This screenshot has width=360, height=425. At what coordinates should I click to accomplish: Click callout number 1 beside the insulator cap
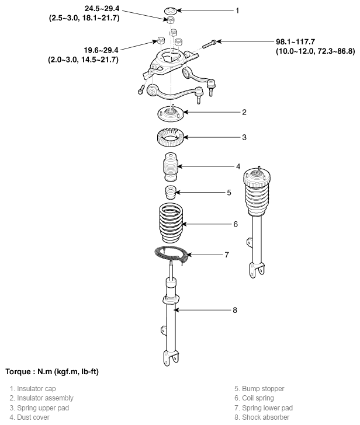point(237,11)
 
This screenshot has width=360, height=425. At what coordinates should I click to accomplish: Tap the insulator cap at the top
point(171,11)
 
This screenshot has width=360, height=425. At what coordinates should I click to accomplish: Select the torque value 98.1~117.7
point(296,42)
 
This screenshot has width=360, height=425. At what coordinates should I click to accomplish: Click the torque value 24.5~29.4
point(102,8)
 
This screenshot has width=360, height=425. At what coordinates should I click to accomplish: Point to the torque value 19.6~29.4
point(101,50)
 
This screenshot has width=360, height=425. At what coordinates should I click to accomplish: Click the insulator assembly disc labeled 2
point(171,114)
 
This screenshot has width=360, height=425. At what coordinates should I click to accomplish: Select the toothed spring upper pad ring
point(171,137)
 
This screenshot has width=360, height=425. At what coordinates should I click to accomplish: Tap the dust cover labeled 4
point(171,167)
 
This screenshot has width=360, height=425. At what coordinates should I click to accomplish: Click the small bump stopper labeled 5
point(171,193)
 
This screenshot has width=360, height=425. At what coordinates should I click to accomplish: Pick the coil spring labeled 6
point(171,224)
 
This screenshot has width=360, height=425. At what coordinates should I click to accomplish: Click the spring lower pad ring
point(171,255)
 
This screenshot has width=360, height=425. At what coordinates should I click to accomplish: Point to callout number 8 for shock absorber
point(235,310)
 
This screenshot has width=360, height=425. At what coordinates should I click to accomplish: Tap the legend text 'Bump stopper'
point(263,389)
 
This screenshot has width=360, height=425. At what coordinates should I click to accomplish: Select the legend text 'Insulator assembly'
point(45,398)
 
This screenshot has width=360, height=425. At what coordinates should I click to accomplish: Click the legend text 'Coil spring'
point(258,398)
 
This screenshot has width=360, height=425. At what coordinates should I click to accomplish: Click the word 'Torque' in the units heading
point(19,372)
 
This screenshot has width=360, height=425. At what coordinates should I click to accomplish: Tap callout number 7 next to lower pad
point(227,255)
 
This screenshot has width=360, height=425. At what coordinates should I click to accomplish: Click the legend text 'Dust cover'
point(33,417)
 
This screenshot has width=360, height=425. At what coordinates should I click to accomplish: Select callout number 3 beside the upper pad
point(244,137)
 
